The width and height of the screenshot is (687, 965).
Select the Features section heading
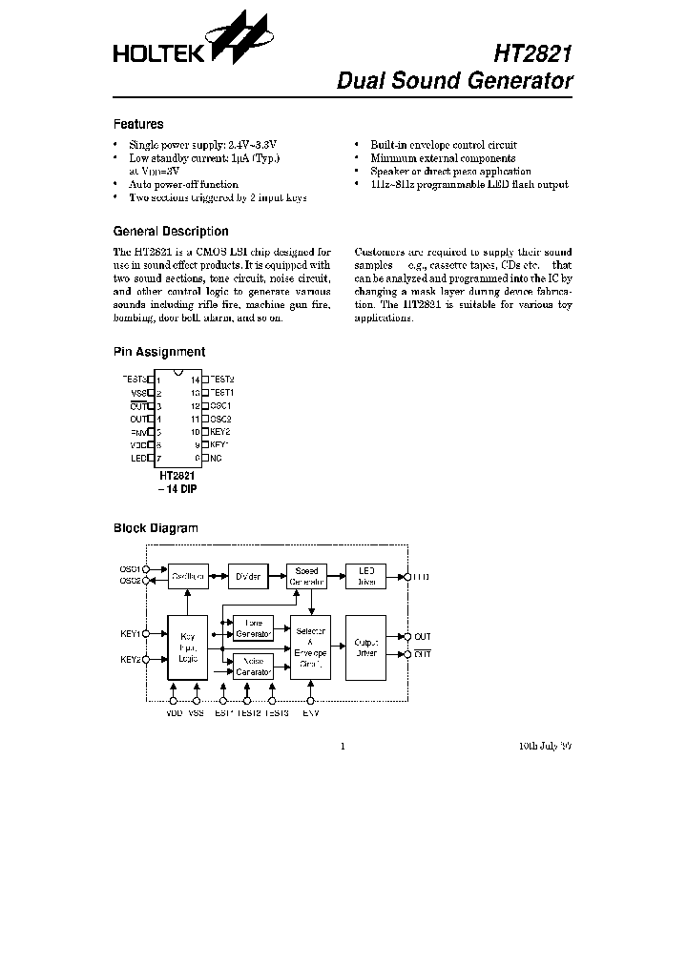tap(138, 124)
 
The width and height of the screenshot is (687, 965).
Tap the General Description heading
tap(171, 231)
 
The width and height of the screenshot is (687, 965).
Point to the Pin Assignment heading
tap(159, 352)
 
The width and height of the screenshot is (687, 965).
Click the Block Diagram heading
tap(156, 527)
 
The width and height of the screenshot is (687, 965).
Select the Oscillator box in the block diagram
tap(190, 577)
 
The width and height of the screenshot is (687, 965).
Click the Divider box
tap(247, 577)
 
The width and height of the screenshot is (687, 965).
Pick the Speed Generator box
tap(306, 577)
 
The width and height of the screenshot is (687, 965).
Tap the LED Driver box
tap(365, 577)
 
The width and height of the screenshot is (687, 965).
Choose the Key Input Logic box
tap(187, 647)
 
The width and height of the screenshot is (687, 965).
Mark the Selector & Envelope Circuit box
tap(310, 646)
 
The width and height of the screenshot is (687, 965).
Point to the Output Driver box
tap(365, 647)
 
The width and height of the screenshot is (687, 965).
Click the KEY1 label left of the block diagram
tap(131, 633)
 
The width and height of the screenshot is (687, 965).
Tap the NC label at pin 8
tap(216, 458)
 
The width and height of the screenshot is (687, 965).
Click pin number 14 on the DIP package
tap(194, 380)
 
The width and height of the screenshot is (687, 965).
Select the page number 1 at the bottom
tap(343, 747)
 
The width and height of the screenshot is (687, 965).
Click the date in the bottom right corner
tap(539, 747)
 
